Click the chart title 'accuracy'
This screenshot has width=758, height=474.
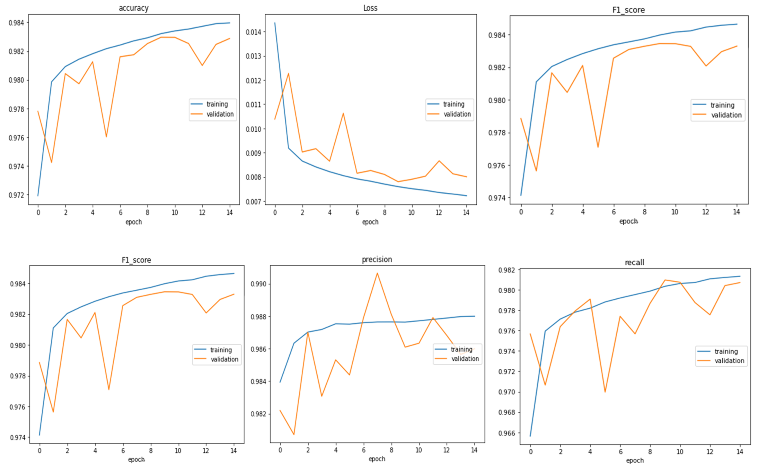[134, 8]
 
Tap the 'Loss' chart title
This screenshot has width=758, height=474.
[370, 8]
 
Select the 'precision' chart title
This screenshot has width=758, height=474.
[377, 260]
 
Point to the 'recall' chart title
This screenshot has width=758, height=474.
[634, 262]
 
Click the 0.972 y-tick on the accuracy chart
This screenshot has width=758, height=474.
[17, 195]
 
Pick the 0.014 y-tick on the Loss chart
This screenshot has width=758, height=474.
[254, 32]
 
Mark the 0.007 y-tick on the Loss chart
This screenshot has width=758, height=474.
[254, 202]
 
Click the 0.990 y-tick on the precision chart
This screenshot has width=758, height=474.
[259, 284]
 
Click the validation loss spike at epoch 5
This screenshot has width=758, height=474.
[343, 113]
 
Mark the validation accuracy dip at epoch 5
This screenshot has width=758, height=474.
[106, 137]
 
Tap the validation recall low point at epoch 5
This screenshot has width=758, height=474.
[605, 392]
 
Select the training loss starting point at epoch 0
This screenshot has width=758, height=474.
[275, 23]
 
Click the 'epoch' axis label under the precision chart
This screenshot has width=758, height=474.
[377, 459]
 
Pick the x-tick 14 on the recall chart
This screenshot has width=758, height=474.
[740, 452]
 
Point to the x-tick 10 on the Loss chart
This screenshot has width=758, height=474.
[411, 213]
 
